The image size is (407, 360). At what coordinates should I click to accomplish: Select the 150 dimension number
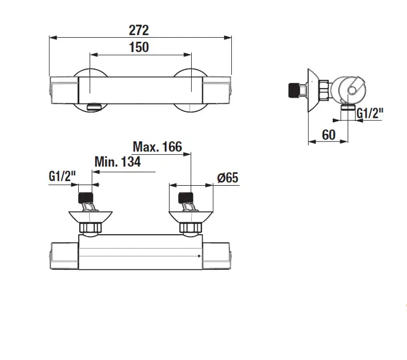click(140, 47)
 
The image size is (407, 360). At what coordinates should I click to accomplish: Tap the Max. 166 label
click(157, 147)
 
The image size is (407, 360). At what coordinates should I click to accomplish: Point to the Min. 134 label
click(117, 162)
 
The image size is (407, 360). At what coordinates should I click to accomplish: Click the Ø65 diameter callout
click(227, 178)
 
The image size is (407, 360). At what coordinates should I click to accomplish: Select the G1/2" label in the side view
click(369, 113)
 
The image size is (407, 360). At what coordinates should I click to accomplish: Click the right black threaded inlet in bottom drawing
click(186, 200)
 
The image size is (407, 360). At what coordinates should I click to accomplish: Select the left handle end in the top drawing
click(64, 90)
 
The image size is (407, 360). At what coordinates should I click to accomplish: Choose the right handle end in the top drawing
click(217, 90)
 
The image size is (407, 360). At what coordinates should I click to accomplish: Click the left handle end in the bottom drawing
click(64, 256)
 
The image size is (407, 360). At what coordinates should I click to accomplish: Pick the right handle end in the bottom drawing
click(217, 256)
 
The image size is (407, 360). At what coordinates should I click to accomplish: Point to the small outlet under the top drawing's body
click(93, 106)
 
